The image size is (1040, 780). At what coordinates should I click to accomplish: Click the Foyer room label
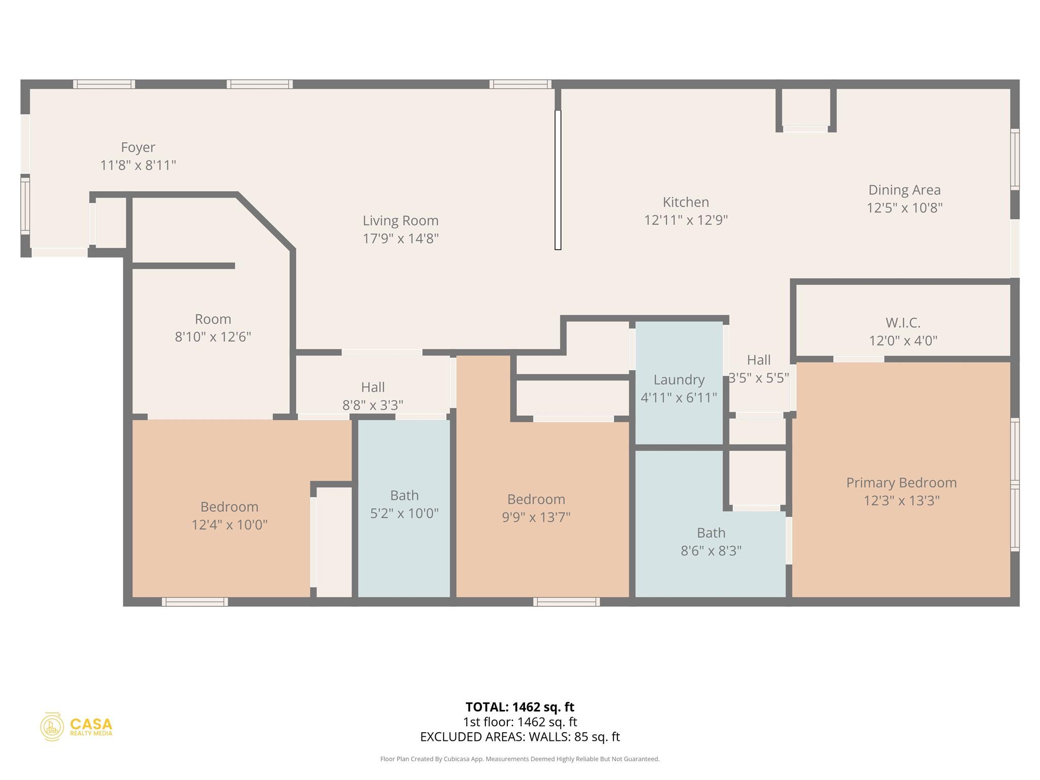[138, 147]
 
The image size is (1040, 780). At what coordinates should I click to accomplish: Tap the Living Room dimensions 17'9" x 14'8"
[400, 238]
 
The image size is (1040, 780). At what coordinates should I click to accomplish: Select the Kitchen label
[686, 202]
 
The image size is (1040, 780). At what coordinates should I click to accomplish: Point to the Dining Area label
[904, 190]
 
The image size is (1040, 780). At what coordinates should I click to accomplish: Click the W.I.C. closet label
[902, 322]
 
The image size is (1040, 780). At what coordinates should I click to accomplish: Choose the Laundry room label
[678, 380]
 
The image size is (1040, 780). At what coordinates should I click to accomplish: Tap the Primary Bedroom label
[901, 482]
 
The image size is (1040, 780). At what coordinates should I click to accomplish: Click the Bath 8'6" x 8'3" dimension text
[710, 550]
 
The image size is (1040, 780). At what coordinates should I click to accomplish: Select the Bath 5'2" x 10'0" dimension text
[404, 513]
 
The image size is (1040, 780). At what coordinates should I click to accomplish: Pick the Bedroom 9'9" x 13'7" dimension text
[536, 517]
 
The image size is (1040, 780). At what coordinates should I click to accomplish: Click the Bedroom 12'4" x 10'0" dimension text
[229, 524]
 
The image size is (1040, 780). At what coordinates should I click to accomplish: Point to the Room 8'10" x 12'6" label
[213, 319]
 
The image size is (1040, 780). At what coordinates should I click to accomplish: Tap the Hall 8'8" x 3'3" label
[373, 387]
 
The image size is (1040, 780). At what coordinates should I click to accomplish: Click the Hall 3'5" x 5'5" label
[758, 360]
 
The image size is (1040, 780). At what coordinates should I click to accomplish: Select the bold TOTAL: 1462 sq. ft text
[519, 707]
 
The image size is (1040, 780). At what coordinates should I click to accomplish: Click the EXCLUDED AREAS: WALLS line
[519, 736]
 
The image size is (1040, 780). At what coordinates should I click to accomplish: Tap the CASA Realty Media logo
[76, 726]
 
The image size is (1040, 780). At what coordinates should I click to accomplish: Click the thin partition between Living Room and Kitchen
[558, 180]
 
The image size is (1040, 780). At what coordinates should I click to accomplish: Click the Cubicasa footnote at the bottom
[519, 759]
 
